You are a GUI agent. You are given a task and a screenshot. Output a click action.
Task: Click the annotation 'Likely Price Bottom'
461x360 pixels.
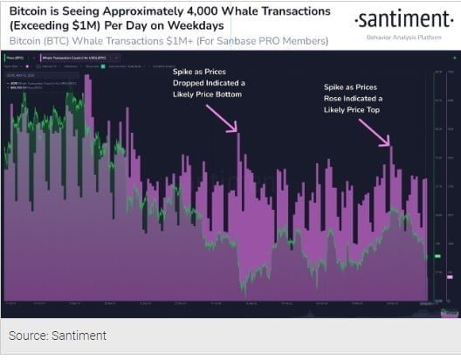[x=202, y=93]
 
